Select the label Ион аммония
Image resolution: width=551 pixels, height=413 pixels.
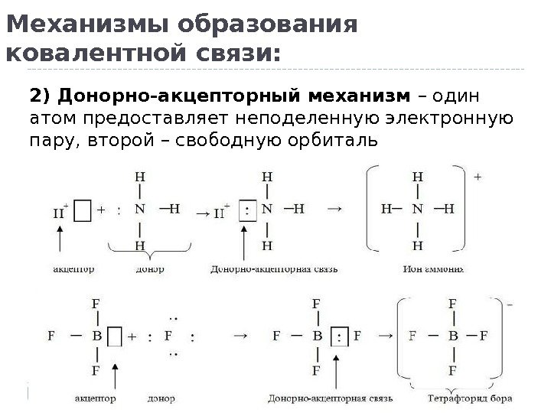432,268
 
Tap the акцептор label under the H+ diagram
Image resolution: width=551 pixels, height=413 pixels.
75,268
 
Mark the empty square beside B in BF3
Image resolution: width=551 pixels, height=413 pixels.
114,336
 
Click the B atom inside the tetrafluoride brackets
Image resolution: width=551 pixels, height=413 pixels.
452,335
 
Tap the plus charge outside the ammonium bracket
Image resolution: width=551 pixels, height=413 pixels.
478,176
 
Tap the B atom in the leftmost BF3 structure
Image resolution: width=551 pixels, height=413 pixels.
95,336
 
